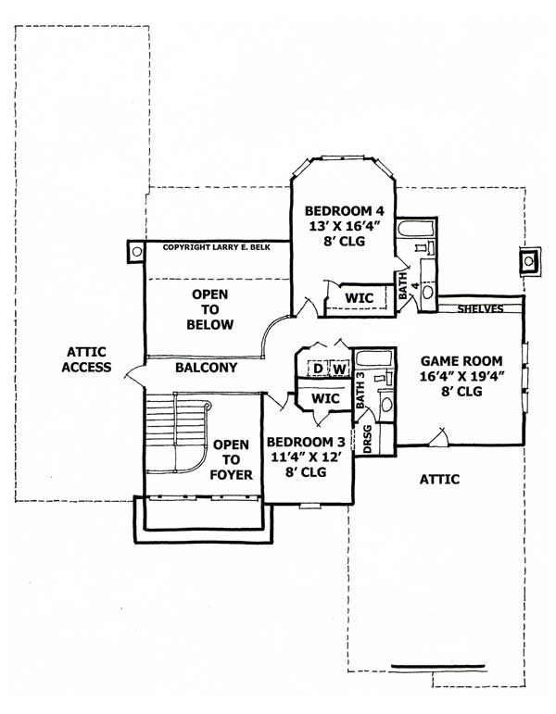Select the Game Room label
pyautogui.click(x=461, y=361)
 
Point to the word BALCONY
pyautogui.click(x=206, y=368)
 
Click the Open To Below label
pyautogui.click(x=209, y=309)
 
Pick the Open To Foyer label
pyautogui.click(x=231, y=458)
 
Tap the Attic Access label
pyautogui.click(x=87, y=359)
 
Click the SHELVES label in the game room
pyautogui.click(x=480, y=308)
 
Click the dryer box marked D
pyautogui.click(x=317, y=370)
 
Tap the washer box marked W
pyautogui.click(x=339, y=370)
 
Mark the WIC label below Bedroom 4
pyautogui.click(x=359, y=297)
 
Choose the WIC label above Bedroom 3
pyautogui.click(x=325, y=397)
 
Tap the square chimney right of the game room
pyautogui.click(x=529, y=261)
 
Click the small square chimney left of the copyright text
pyautogui.click(x=136, y=250)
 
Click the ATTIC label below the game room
pyautogui.click(x=439, y=479)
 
